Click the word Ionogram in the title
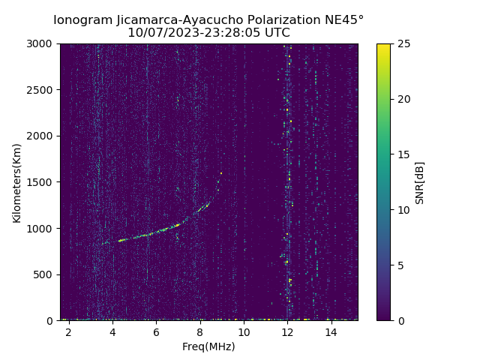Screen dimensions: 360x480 click(x=82, y=19)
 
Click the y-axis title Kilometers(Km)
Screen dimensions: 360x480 click(x=17, y=182)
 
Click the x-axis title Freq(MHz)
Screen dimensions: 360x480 click(x=208, y=346)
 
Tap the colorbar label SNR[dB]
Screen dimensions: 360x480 click(x=420, y=182)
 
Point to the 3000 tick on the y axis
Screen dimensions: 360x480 click(x=42, y=44)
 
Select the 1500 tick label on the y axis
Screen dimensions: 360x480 click(x=42, y=182)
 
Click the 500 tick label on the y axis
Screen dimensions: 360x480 click(x=45, y=274)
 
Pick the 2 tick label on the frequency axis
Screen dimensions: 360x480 click(x=69, y=331)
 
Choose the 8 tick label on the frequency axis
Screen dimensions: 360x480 click(x=200, y=331)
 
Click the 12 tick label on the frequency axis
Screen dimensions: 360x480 click(x=287, y=331)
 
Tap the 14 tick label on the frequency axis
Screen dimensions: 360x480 click(x=331, y=331)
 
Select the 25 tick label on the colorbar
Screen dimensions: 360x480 click(x=403, y=44)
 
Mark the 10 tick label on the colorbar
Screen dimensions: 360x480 click(x=403, y=210)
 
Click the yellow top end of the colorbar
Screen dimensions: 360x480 click(x=383, y=46)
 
